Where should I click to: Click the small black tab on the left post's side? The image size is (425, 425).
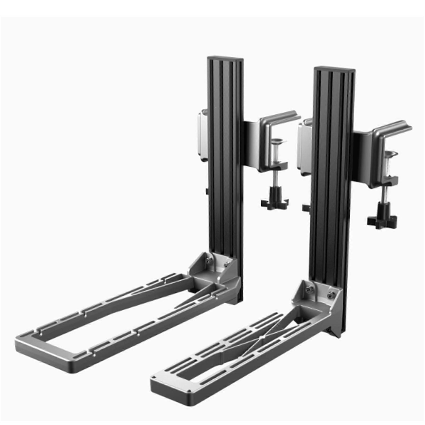pyautogui.click(x=206, y=191)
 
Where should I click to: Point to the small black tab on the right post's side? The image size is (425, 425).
pyautogui.click(x=306, y=207)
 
